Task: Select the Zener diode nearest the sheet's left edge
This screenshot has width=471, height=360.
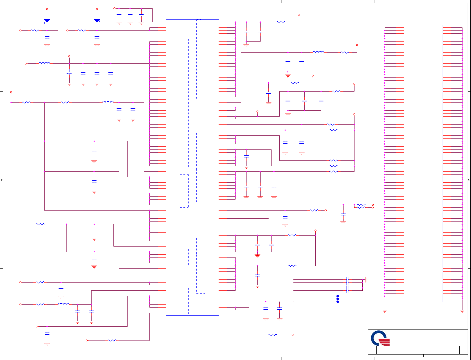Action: [47, 21]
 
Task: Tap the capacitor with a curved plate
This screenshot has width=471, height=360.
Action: [69, 73]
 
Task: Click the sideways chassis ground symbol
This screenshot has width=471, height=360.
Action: [367, 279]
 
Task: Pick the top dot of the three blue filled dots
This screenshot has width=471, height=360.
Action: [338, 296]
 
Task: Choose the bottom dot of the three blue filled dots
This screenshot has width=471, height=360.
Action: [338, 302]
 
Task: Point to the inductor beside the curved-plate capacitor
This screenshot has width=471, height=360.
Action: [44, 63]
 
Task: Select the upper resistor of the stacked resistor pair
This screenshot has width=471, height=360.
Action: [361, 205]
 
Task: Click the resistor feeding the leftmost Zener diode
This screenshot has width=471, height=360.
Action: [35, 31]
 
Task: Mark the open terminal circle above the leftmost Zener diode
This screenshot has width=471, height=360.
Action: [47, 9]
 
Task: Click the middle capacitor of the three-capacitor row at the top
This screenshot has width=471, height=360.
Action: [130, 15]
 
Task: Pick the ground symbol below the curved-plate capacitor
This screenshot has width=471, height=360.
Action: [69, 84]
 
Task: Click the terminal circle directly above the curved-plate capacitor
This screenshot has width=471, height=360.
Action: [69, 56]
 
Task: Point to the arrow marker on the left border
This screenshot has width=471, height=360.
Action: [2, 180]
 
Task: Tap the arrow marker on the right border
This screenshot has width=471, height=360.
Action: [469, 180]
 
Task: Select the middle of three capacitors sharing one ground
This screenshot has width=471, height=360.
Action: [304, 101]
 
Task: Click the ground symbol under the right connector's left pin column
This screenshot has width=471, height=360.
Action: [385, 311]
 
